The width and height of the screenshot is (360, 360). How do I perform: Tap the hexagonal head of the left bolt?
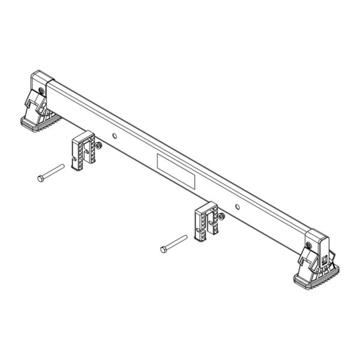click(40, 178)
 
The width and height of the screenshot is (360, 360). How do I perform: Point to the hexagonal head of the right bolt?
click(164, 248)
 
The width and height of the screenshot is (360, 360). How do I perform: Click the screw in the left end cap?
click(40, 90)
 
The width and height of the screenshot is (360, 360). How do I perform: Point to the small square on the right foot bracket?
click(323, 259)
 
